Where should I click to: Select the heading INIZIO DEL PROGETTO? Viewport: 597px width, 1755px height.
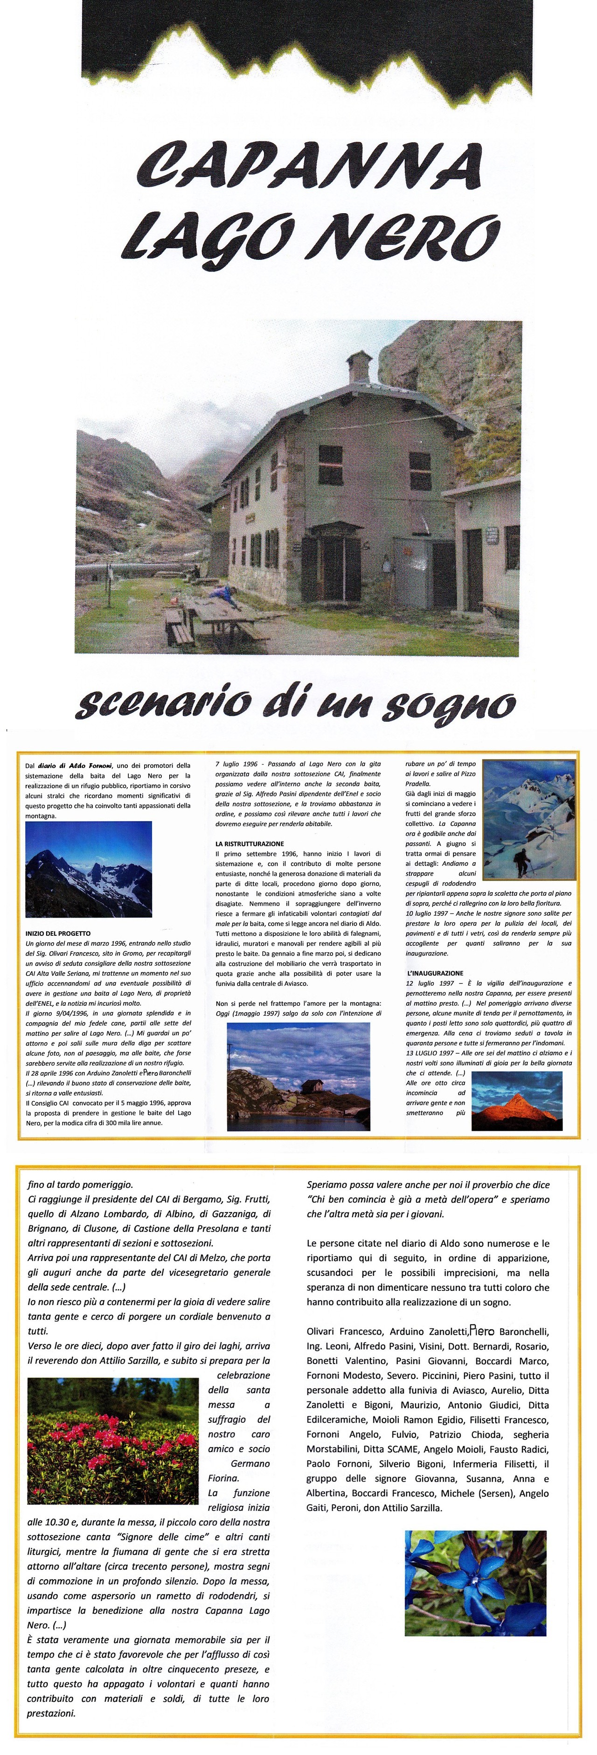tap(58, 933)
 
